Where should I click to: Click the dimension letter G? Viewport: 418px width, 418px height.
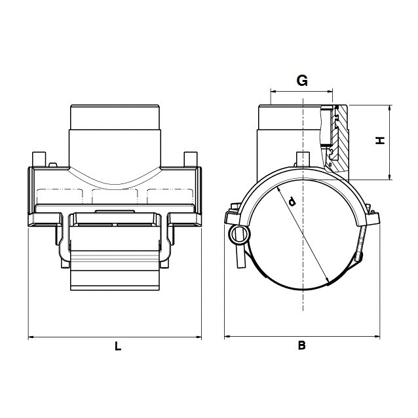tap(302, 81)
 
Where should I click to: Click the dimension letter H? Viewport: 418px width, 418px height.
tap(380, 140)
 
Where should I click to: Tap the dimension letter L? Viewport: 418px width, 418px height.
tap(118, 346)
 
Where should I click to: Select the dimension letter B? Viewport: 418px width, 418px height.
tap(301, 345)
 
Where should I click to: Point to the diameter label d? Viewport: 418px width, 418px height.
tap(292, 202)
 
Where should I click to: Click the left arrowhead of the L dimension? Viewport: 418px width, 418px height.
tap(31, 337)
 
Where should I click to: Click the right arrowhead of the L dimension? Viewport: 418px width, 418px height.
tap(199, 337)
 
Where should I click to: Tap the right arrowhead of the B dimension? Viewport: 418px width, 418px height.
tap(377, 336)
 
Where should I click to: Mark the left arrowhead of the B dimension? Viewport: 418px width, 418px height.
tap(227, 336)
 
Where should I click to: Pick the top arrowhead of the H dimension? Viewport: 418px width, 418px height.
tap(390, 107)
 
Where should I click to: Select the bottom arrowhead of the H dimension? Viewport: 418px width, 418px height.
tap(390, 177)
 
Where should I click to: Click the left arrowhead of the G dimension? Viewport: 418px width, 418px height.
tap(273, 92)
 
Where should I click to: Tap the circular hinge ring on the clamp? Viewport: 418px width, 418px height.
tap(240, 235)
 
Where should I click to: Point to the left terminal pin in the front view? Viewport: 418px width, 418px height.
tap(39, 159)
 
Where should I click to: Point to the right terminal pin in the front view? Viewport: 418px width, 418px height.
tap(191, 159)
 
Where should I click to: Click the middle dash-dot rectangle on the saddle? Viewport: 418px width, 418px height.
tap(115, 197)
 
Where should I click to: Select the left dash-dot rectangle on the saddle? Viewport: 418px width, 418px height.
tap(60, 197)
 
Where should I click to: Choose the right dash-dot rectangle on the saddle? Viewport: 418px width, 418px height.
tap(170, 197)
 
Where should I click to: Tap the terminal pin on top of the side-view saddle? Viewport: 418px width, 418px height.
tap(303, 159)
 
